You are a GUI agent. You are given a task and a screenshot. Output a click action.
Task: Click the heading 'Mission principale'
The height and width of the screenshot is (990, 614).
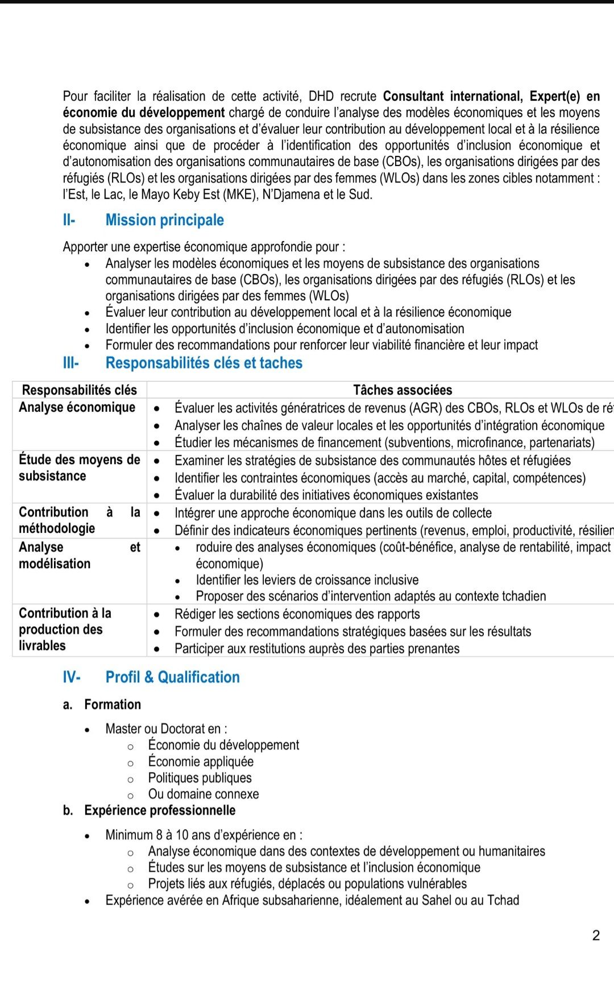tap(164, 220)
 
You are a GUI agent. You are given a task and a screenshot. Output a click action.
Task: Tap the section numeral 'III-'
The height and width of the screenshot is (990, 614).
tap(70, 363)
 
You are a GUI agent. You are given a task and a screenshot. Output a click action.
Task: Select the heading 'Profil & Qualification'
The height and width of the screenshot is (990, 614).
tap(172, 677)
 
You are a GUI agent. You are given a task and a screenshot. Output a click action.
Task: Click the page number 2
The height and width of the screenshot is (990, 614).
tap(596, 935)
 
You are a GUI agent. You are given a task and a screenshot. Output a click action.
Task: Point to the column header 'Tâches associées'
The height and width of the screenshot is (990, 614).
tap(402, 390)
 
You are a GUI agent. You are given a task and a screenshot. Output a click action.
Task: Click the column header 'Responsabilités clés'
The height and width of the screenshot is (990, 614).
tap(79, 390)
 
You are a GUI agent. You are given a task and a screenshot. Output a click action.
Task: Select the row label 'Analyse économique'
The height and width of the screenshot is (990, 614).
tap(77, 407)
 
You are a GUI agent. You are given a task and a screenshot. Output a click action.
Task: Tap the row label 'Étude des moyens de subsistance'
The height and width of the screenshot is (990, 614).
tap(79, 467)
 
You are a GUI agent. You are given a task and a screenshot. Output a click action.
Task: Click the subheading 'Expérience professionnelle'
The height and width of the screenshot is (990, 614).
tap(160, 810)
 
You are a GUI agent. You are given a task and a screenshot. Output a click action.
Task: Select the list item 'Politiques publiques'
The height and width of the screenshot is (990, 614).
tap(200, 778)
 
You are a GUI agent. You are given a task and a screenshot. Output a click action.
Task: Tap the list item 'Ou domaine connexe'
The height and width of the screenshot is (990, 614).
tap(203, 794)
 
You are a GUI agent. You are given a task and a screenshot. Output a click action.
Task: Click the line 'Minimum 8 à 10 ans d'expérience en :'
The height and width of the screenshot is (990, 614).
tap(204, 835)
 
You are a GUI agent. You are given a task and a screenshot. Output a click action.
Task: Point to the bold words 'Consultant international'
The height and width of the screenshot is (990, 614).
tap(452, 96)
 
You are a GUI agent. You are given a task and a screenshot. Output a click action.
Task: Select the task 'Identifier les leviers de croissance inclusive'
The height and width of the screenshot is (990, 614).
tap(307, 580)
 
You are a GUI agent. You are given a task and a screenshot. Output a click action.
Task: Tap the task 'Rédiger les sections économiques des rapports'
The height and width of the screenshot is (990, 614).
tap(297, 614)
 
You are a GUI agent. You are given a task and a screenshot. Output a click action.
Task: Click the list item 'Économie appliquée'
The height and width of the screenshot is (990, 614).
tap(201, 761)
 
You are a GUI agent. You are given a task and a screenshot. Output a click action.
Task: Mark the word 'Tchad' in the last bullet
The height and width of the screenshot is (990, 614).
tap(503, 900)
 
